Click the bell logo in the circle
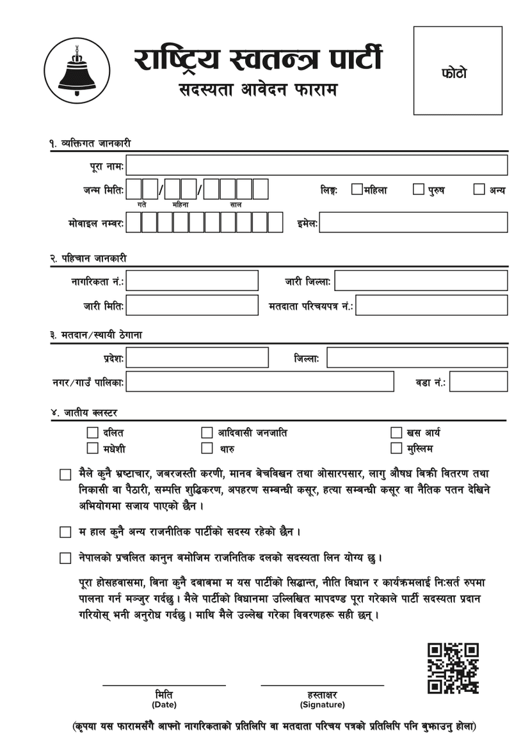tap(77, 70)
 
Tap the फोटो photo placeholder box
tap(458, 71)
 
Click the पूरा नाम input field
tap(316, 165)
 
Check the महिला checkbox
tap(357, 189)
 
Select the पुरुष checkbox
tap(418, 189)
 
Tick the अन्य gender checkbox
tap(479, 189)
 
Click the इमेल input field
tap(413, 223)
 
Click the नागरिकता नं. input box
tap(192, 280)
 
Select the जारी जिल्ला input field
tap(421, 280)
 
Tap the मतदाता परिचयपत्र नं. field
tap(431, 305)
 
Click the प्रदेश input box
tap(197, 357)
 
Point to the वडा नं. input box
tap(478, 382)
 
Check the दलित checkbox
tap(92, 433)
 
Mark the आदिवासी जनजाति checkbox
tap(207, 433)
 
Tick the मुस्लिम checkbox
tap(396, 448)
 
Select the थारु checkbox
tap(207, 448)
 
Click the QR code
tap(453, 668)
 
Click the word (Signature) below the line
tap(322, 705)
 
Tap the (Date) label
tap(164, 705)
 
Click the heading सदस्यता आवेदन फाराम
tap(258, 90)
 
